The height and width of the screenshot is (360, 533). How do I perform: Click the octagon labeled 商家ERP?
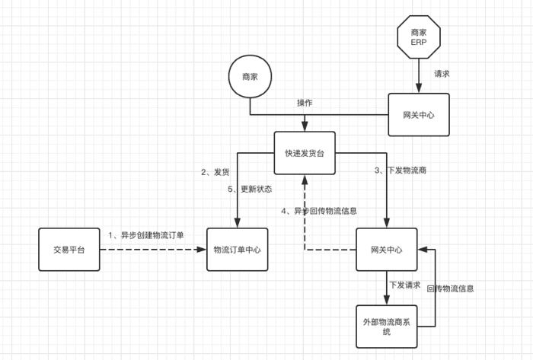tap(418, 37)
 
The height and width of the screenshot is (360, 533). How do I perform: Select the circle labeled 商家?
tap(250, 78)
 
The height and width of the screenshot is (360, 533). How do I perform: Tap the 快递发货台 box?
tap(305, 153)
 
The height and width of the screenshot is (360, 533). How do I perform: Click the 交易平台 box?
tap(69, 250)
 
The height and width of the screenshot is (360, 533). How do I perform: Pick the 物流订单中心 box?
tap(238, 250)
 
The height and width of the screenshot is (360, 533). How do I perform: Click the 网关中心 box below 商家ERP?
tap(418, 115)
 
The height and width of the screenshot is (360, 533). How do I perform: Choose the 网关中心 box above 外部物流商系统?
tap(387, 250)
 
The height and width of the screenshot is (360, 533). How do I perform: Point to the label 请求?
tap(442, 75)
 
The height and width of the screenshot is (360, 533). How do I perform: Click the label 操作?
tap(305, 103)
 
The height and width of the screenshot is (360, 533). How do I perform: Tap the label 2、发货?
tap(215, 172)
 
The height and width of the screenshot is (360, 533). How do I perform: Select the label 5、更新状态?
tap(250, 189)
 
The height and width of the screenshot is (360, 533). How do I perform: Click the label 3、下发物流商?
tap(401, 170)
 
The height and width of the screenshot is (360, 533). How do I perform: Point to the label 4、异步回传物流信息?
tap(319, 211)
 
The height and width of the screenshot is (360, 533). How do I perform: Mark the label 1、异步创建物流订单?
tap(145, 235)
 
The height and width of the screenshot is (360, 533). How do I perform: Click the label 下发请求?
tap(404, 285)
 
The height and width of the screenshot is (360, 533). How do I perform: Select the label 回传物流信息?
tap(451, 288)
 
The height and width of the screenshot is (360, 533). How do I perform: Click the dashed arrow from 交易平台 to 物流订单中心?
tap(152, 250)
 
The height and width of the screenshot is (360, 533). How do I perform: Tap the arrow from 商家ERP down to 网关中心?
tap(418, 77)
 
